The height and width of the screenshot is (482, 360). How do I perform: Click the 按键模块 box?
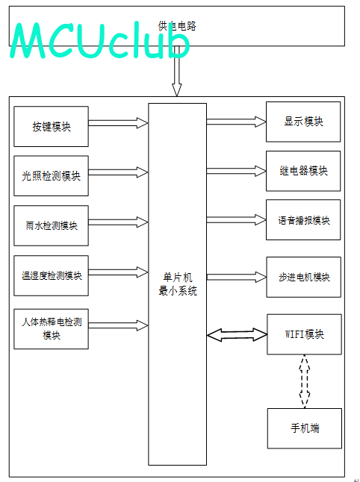(x=51, y=126)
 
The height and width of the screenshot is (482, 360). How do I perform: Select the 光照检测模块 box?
(x=51, y=176)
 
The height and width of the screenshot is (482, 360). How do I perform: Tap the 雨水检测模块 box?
(x=51, y=225)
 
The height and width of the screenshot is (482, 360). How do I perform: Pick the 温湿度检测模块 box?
(x=51, y=275)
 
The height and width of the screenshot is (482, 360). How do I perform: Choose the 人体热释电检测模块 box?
(x=51, y=329)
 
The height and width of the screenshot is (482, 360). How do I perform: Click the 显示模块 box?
(x=303, y=122)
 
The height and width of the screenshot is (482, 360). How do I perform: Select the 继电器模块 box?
(x=303, y=171)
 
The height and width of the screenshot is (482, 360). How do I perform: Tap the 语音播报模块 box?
(x=303, y=220)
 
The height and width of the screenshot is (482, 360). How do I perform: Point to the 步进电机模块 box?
(x=303, y=277)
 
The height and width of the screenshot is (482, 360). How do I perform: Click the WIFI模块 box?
(x=304, y=334)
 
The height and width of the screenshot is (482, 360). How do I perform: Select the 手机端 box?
(x=305, y=428)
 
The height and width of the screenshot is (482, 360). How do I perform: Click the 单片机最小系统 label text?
(x=178, y=284)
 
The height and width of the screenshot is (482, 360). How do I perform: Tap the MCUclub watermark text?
(x=100, y=40)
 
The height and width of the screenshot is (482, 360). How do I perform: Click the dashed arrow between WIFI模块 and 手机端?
(x=305, y=381)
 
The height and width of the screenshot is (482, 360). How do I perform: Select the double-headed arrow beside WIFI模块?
(x=237, y=335)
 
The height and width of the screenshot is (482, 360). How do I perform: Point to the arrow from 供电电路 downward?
(x=176, y=71)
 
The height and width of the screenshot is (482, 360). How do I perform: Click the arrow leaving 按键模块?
(x=119, y=123)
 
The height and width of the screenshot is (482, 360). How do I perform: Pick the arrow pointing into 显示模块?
(x=236, y=122)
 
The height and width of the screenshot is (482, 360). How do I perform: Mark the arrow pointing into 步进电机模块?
(x=237, y=277)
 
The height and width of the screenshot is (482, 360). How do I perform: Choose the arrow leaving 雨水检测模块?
(x=119, y=222)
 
